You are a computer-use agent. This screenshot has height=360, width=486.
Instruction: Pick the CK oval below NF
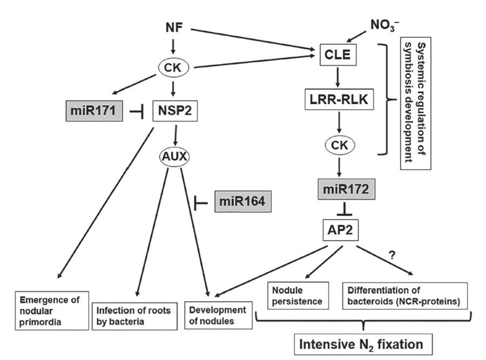point(173,67)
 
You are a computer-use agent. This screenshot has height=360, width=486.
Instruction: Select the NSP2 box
point(173,112)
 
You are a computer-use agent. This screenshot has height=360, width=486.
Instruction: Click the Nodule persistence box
point(298,295)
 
